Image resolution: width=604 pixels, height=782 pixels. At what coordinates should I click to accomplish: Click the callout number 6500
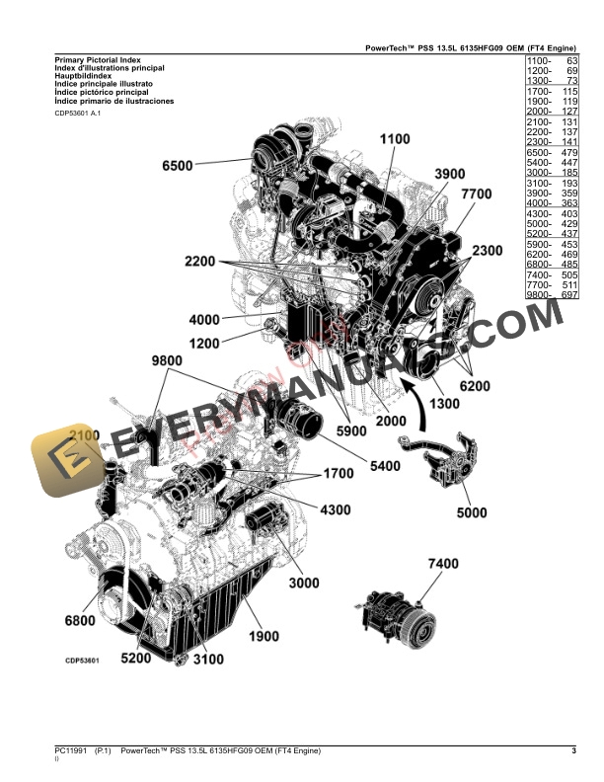point(178,165)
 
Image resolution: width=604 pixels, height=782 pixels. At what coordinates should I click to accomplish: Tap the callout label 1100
point(394,140)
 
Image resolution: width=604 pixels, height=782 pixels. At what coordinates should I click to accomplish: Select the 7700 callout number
point(476,195)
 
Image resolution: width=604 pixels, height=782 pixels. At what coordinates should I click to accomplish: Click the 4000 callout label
point(204,320)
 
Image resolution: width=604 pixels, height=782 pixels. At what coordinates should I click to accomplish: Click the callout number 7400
point(443,564)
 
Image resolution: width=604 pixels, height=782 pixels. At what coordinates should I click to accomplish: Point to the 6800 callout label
point(80,620)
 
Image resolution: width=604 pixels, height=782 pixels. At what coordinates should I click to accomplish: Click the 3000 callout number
point(304,584)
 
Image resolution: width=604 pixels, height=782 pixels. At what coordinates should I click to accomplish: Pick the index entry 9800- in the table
point(540,295)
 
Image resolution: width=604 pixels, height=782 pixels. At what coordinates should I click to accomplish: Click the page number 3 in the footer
point(573,752)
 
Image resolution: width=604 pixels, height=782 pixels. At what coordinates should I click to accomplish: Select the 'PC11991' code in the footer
point(70,752)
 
